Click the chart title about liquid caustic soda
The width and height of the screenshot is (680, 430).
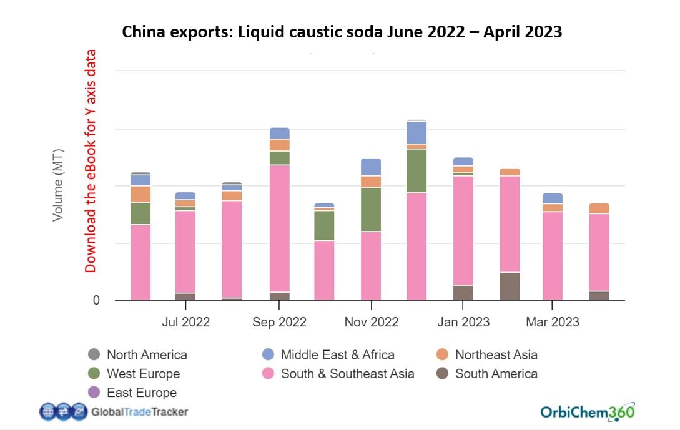tap(342, 32)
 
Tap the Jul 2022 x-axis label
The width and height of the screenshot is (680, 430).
tap(185, 322)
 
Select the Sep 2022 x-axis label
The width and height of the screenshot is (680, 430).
tap(279, 322)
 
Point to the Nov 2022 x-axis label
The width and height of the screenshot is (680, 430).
tap(371, 322)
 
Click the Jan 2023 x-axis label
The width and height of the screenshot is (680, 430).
tap(463, 322)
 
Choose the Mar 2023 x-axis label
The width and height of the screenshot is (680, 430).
tap(552, 322)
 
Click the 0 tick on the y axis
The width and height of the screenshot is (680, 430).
tap(96, 300)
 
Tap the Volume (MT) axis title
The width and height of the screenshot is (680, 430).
tap(58, 185)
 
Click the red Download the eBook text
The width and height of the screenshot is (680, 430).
tap(91, 161)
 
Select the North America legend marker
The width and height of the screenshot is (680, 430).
tap(94, 354)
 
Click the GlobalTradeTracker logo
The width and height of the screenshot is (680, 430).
tap(114, 411)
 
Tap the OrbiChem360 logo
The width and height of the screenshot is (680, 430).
tap(588, 411)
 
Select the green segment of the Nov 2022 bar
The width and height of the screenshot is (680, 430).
tap(371, 210)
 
